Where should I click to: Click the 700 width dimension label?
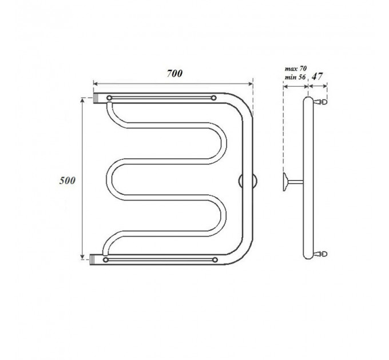(x=174, y=74)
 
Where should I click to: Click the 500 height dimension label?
(x=67, y=181)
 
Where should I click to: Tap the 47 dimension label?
(x=317, y=77)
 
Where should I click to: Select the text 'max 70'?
(x=296, y=69)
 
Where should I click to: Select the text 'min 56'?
(x=295, y=77)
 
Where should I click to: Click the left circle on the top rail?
(x=109, y=98)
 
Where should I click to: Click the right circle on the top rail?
(x=213, y=98)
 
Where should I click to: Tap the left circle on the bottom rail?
(x=106, y=260)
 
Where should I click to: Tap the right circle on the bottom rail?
(x=215, y=260)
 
